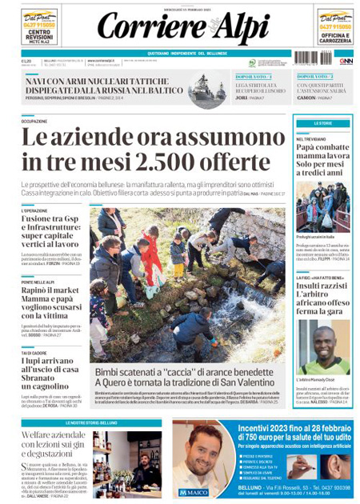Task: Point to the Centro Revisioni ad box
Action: click(40, 29)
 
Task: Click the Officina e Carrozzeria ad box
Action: click(335, 29)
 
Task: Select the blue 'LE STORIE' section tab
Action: click(323, 123)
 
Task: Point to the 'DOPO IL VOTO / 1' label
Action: click(251, 76)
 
